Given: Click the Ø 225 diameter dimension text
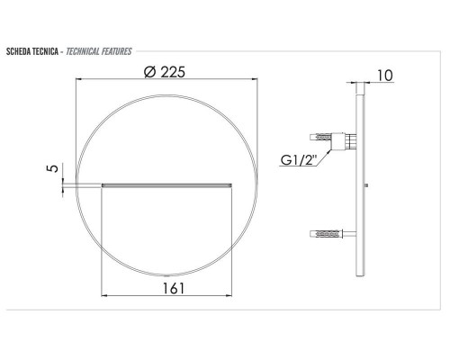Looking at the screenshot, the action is point(165,72).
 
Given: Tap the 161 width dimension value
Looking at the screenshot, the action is point(174,288).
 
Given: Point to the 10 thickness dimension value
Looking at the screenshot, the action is point(384,76).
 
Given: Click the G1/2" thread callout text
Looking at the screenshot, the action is point(299,160).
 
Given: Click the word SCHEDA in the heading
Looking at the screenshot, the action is point(18,51).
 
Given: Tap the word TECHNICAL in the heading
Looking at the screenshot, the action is point(83,51).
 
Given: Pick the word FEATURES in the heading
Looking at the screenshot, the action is point(116,51).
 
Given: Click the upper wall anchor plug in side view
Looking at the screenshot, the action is point(320,138).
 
